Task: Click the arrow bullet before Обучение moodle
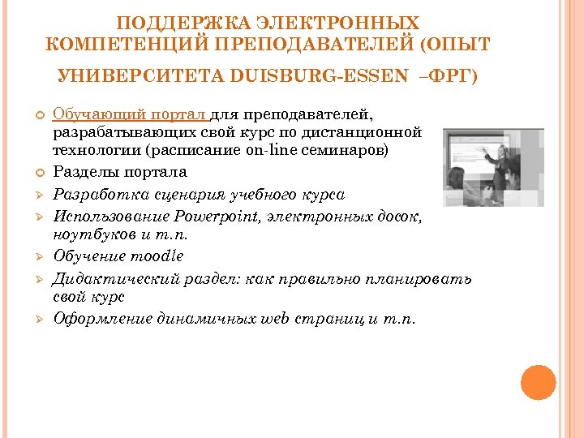pos(38,256)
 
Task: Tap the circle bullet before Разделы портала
pos(38,173)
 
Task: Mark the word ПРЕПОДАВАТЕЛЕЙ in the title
pos(304,42)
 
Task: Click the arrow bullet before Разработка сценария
pos(38,195)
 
